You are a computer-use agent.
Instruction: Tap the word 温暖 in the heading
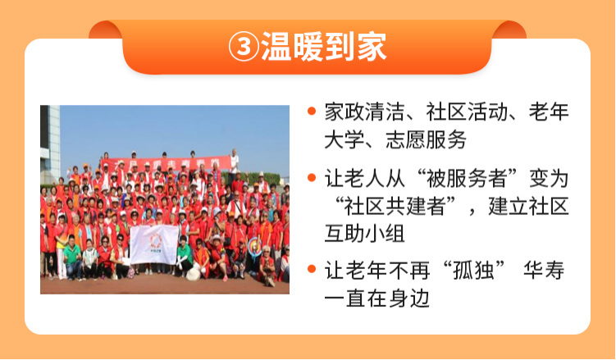click(x=291, y=48)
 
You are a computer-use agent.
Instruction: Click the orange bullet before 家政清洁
click(x=312, y=111)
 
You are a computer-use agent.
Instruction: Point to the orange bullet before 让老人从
click(x=312, y=178)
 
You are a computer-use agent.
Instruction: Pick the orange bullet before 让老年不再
click(x=312, y=269)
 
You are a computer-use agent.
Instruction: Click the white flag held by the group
click(x=154, y=244)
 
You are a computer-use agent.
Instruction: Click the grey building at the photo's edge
click(x=49, y=139)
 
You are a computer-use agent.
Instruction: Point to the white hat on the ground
click(x=192, y=273)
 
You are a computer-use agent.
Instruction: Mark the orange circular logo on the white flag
click(x=155, y=239)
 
